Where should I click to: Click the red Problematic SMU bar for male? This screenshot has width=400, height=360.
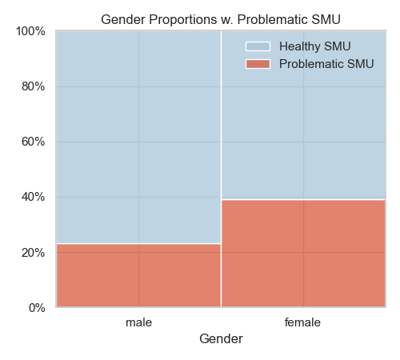click(x=138, y=275)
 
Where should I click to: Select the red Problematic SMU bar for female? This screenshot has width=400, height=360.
click(x=303, y=253)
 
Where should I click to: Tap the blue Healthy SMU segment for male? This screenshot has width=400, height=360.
click(x=138, y=138)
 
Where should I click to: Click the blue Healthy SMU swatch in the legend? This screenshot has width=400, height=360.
click(x=258, y=46)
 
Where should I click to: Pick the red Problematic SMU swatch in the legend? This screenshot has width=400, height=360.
click(x=258, y=64)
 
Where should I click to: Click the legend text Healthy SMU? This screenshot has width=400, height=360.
click(x=314, y=46)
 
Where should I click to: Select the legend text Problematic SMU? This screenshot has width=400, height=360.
click(x=326, y=64)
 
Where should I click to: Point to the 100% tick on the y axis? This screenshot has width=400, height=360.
click(x=30, y=31)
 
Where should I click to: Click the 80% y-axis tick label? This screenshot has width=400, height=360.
click(x=34, y=86)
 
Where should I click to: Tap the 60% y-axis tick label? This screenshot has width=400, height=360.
click(x=34, y=142)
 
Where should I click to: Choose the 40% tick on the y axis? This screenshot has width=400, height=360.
click(x=34, y=197)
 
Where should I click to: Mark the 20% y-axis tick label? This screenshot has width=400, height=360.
click(x=34, y=252)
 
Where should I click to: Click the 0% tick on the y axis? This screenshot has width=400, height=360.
click(x=37, y=308)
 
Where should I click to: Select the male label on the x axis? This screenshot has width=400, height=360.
click(x=138, y=322)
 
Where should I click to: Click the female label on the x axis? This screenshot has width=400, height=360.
click(x=302, y=322)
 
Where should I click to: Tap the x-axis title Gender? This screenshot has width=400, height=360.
click(x=221, y=339)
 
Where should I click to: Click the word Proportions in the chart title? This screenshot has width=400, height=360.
click(x=183, y=20)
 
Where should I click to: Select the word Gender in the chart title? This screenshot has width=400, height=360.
click(x=123, y=20)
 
